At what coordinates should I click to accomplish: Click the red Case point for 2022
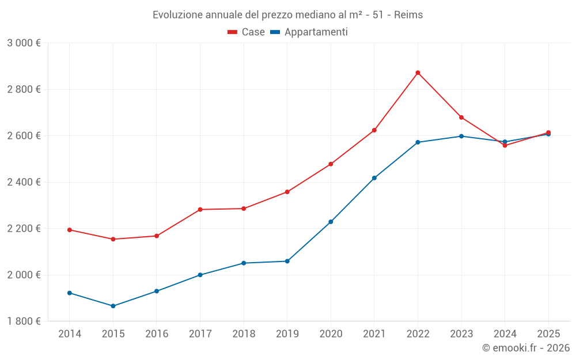[418, 73]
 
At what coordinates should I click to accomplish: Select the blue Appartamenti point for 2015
[113, 306]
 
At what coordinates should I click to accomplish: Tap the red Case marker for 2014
[70, 230]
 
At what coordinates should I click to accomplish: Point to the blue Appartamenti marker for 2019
[287, 262]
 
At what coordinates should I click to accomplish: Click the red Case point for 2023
[461, 118]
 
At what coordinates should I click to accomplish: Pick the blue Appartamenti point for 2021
[374, 178]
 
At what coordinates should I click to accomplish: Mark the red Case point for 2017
[200, 210]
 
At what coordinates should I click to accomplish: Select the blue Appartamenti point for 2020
[331, 222]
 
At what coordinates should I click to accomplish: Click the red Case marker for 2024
[505, 145]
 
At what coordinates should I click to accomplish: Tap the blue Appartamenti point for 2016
[157, 291]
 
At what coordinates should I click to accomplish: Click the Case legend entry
[247, 32]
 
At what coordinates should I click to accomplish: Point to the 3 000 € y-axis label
[24, 43]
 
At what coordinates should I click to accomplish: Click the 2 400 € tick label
[24, 182]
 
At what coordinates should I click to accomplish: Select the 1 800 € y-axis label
[24, 321]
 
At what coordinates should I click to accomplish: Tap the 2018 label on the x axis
[244, 334]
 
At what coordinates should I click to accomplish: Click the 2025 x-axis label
[548, 334]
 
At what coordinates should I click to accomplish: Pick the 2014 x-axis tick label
[70, 334]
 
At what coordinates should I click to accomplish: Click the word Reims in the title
[408, 15]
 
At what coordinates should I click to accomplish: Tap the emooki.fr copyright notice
[525, 348]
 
